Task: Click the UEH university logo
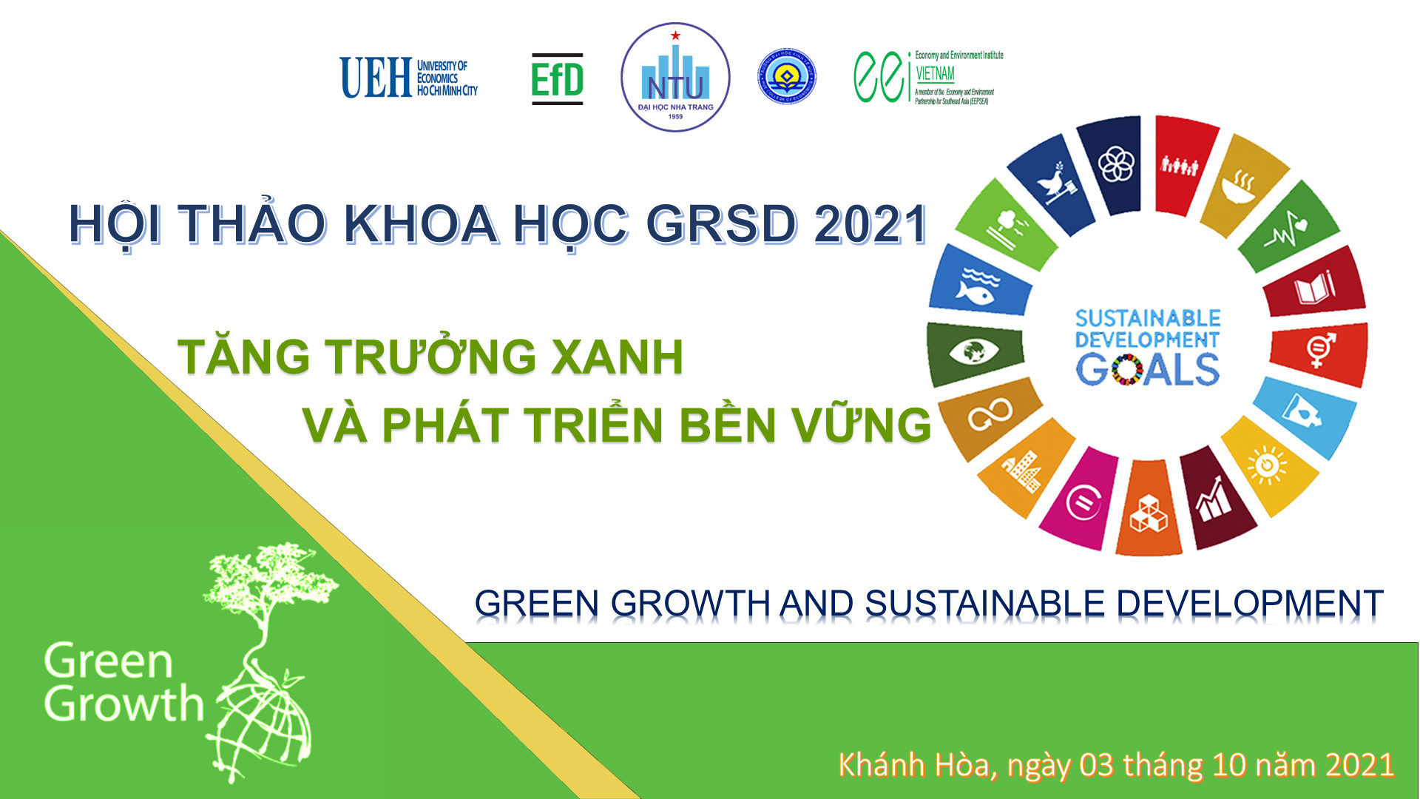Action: [x=408, y=78]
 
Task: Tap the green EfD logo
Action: [x=557, y=79]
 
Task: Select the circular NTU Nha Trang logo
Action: [x=675, y=78]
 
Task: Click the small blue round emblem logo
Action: [x=787, y=76]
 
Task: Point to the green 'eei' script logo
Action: [x=881, y=76]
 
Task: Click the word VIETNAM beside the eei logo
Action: [x=935, y=74]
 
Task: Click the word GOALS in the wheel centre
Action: [x=1147, y=369]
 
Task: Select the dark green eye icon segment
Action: [x=973, y=351]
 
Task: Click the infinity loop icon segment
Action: [x=990, y=415]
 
